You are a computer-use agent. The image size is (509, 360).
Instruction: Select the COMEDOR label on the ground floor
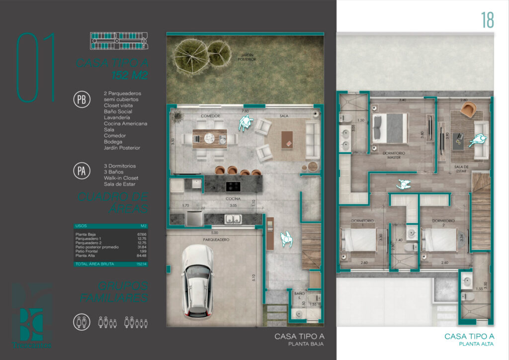(210, 116)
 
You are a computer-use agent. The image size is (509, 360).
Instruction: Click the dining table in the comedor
(209, 139)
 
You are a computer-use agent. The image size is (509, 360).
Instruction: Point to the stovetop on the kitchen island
(234, 186)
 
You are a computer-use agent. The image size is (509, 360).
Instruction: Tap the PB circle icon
(82, 99)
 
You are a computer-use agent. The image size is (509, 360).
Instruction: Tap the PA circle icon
(82, 172)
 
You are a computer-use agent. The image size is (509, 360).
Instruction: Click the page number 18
(487, 20)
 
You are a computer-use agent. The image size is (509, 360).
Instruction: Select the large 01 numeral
(36, 67)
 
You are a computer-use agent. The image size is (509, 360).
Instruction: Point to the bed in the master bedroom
(390, 128)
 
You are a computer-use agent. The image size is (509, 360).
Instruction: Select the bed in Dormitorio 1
(358, 240)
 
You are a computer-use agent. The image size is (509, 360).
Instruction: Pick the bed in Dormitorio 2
(439, 240)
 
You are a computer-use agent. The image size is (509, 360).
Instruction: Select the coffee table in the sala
(287, 139)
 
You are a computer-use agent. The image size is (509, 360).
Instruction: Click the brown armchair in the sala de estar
(468, 110)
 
